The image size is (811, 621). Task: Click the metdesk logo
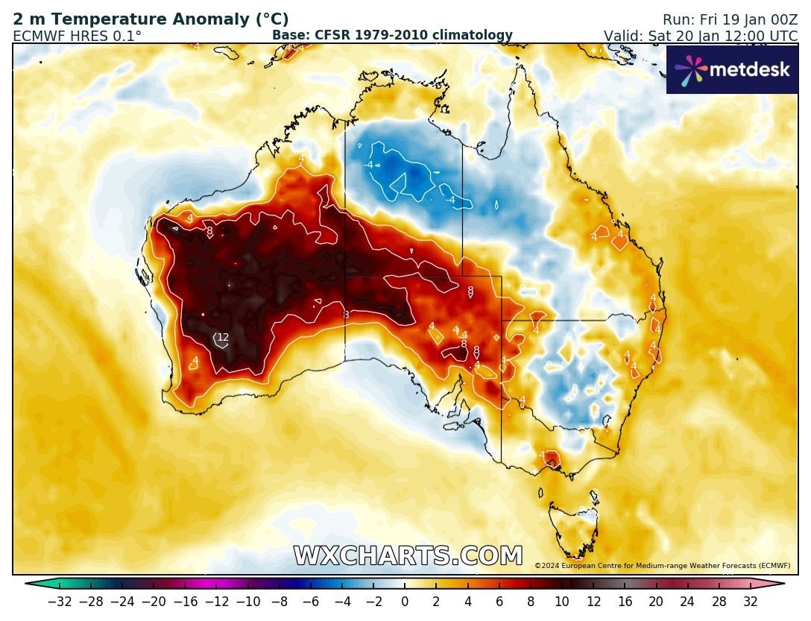[732, 70]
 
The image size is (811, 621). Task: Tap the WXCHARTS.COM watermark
[408, 556]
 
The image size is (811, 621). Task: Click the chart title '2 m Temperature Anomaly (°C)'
[151, 20]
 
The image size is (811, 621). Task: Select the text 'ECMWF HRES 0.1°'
[77, 35]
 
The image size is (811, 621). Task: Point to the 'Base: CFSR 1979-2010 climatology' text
[392, 35]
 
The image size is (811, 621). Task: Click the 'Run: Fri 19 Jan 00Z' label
[730, 20]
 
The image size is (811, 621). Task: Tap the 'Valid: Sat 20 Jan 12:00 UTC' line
[701, 35]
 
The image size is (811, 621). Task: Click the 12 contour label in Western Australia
[223, 338]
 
